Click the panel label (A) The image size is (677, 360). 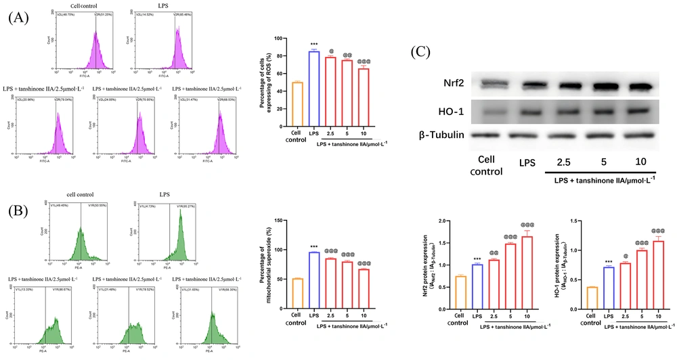19,18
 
